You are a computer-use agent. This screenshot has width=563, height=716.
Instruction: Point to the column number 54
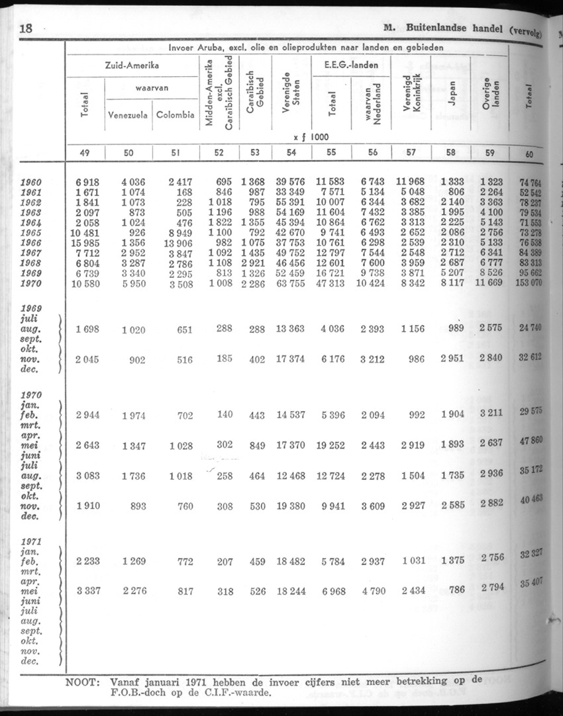click(x=291, y=152)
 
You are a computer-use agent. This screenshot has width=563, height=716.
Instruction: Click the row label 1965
click(x=31, y=233)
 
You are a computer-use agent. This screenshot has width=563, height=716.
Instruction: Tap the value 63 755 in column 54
click(x=290, y=284)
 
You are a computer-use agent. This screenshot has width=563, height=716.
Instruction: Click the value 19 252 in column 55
click(x=329, y=445)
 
